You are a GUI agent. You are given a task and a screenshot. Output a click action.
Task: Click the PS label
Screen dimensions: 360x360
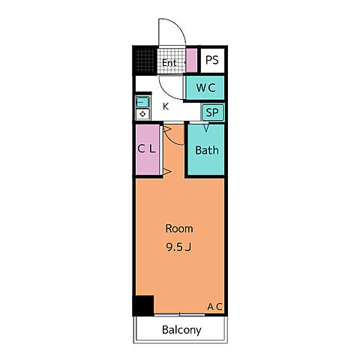pyautogui.click(x=212, y=60)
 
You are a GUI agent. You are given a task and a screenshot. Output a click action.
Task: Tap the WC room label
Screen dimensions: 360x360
pyautogui.click(x=205, y=88)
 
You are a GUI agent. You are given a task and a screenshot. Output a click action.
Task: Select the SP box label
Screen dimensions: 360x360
pyautogui.click(x=212, y=112)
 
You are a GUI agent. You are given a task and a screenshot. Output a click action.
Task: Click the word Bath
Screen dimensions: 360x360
pyautogui.click(x=207, y=150)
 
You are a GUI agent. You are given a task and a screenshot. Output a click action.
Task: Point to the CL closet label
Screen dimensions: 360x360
pyautogui.click(x=147, y=149)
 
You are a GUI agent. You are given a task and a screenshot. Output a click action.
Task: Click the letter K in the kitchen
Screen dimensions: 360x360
pyautogui.click(x=166, y=106)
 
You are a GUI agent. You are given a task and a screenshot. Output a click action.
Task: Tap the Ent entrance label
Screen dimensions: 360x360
pyautogui.click(x=169, y=62)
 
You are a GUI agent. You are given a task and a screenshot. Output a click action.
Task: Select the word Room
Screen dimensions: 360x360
pyautogui.click(x=179, y=229)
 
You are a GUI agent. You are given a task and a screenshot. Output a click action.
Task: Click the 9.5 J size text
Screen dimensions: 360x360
pyautogui.click(x=178, y=247)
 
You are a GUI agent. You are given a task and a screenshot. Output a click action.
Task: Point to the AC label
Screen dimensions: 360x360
pyautogui.click(x=214, y=307)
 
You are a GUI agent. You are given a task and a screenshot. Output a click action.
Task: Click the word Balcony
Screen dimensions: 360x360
pyautogui.click(x=181, y=330)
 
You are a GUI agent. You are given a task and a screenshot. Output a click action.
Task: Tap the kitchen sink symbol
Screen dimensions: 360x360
pyautogui.click(x=142, y=102)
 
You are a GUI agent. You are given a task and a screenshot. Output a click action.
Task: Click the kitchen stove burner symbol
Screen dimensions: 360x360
pyautogui.click(x=142, y=114)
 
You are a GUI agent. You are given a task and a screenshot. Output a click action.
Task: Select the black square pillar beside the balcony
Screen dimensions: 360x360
pyautogui.click(x=143, y=306)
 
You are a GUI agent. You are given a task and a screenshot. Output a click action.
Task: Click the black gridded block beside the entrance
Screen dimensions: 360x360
pyautogui.click(x=145, y=61)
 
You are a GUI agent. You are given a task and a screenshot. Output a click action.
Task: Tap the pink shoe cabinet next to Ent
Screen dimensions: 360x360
pyautogui.click(x=191, y=61)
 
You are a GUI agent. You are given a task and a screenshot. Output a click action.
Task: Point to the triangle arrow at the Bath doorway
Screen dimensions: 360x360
pyautogui.click(x=206, y=127)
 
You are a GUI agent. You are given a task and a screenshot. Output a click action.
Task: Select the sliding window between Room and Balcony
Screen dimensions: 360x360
pyautogui.click(x=179, y=315)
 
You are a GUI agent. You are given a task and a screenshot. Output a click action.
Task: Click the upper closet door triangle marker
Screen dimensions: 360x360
pyautogui.click(x=166, y=129)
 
